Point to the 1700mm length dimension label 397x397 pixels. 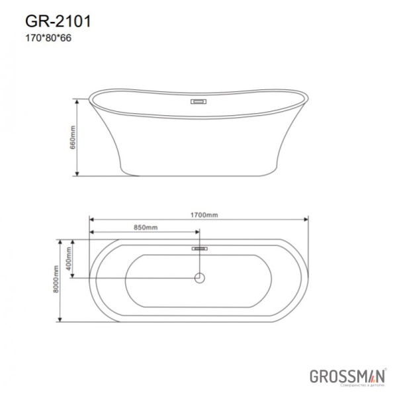pos(203,215)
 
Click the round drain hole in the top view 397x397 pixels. pos(200,279)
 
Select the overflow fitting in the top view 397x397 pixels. pos(200,248)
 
